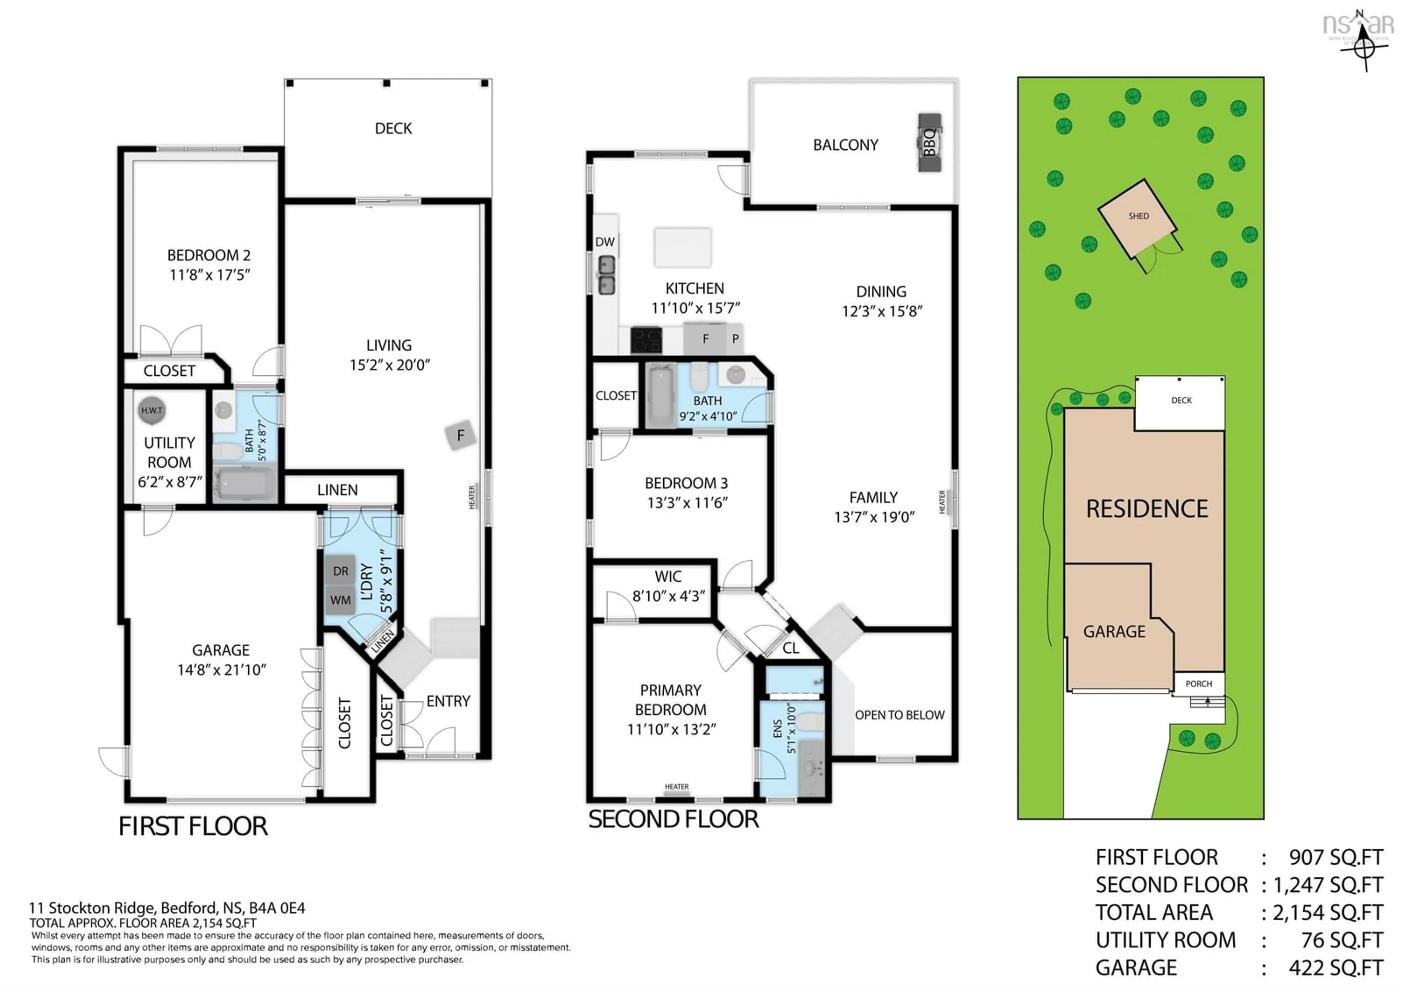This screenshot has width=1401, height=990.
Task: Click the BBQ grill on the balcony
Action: tap(929, 142)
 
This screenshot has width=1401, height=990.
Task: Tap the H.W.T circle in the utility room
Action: tap(152, 410)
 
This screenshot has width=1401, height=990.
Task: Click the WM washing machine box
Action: tap(340, 600)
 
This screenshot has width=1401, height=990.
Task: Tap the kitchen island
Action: tap(682, 247)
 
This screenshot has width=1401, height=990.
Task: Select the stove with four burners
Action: tap(646, 340)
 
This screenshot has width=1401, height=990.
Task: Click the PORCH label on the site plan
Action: tap(1199, 684)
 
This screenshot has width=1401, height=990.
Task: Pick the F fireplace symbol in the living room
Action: tap(461, 435)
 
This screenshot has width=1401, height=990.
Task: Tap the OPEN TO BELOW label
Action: tap(899, 715)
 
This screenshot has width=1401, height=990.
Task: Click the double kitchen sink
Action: tap(606, 275)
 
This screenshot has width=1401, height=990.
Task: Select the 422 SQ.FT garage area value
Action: tap(1335, 967)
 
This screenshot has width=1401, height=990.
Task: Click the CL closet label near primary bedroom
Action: tap(791, 648)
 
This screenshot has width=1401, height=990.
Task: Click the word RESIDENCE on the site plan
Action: tap(1147, 509)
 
